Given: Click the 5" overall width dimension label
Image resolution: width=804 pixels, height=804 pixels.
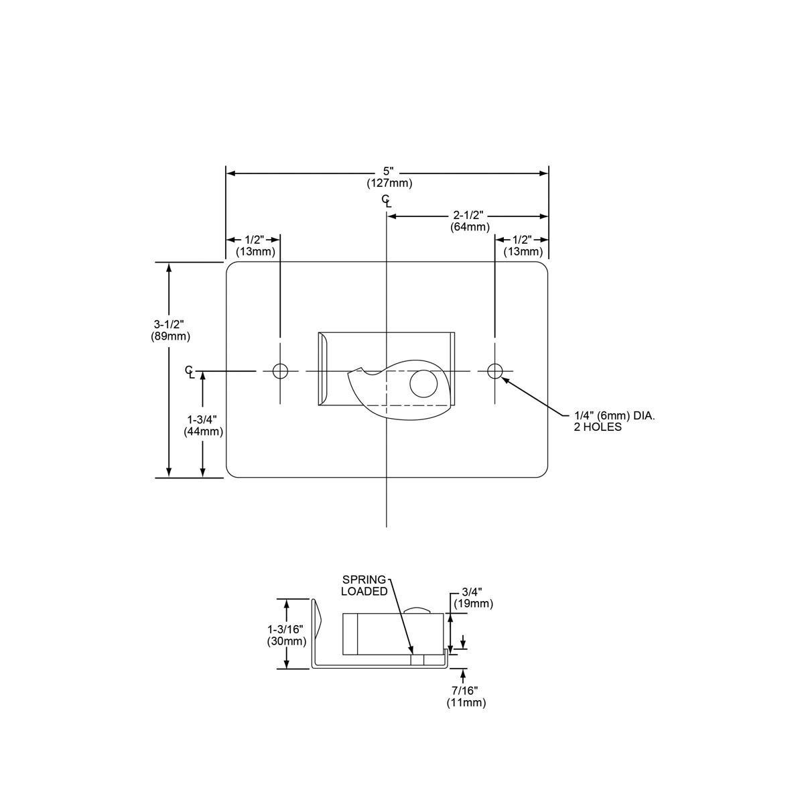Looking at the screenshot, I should pos(388,172).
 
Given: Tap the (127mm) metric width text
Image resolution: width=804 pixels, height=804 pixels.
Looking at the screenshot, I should pos(389,183).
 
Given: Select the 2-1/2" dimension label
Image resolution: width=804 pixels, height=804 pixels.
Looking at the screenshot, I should pos(468,216).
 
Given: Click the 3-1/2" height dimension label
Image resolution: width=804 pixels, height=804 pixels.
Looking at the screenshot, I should pos(170,325).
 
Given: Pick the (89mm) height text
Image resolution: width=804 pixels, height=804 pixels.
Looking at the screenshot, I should pos(170,336).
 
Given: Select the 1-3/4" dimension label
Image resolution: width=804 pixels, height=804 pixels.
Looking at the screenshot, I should pos(202,420).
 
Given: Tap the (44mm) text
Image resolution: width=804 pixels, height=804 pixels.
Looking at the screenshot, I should pos(203,431).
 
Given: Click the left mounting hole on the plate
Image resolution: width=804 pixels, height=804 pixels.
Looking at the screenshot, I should pos(280,371).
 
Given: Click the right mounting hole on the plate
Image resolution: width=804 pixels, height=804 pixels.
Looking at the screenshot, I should pos(495,371).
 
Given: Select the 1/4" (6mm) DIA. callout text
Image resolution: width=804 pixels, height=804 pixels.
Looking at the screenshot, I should pos(614,416).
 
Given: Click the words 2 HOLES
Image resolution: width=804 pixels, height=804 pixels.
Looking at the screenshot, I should pos(597,427).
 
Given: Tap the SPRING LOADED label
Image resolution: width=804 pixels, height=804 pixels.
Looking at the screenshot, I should pos(364,585).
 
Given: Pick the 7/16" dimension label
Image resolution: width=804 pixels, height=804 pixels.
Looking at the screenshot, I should pos(466,691).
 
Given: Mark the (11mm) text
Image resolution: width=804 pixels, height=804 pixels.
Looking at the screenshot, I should pos(466,702).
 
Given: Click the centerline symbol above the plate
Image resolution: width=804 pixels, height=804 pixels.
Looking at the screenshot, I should pos(387,200).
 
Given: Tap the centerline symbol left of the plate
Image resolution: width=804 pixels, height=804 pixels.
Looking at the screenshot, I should pos(190,371).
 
